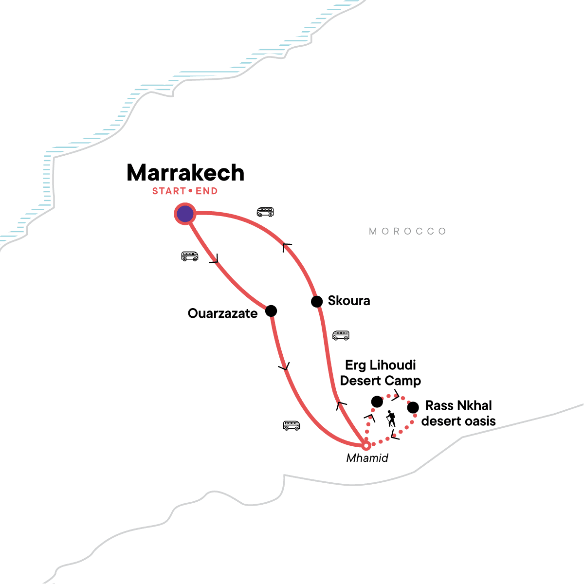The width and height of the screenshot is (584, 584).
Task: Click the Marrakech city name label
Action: click(185, 173)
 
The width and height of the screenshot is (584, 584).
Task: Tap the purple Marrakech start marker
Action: click(185, 214)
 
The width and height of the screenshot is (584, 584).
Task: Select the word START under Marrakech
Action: click(169, 191)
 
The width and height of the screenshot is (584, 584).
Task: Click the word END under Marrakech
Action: click(206, 191)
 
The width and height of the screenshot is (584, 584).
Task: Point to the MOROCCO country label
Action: click(407, 231)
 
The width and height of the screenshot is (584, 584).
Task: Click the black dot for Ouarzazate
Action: click(271, 310)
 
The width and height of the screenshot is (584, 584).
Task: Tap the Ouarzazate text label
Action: click(222, 313)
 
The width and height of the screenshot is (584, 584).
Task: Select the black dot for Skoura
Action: click(317, 302)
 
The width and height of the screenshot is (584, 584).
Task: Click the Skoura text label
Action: click(349, 301)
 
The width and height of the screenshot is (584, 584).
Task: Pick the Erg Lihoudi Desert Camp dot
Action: click(377, 401)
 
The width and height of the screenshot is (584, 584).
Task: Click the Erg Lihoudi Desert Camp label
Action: click(381, 373)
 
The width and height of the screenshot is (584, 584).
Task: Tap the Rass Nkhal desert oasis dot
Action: click(413, 407)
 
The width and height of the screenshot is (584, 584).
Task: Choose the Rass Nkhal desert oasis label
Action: click(458, 413)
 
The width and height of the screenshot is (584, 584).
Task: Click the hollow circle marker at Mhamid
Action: click(366, 445)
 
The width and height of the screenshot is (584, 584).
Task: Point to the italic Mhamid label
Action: click(367, 458)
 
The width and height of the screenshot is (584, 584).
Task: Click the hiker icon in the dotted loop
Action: click(391, 419)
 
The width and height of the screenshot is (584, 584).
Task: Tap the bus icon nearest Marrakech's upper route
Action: click(265, 212)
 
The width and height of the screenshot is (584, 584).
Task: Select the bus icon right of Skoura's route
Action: click(341, 335)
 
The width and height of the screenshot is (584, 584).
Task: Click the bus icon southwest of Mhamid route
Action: click(292, 425)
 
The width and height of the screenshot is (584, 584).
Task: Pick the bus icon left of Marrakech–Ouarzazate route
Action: click(190, 256)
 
